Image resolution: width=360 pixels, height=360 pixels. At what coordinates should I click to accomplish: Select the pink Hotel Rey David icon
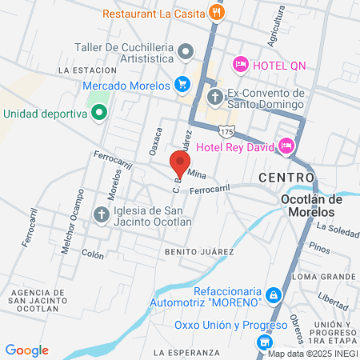[x=286, y=146]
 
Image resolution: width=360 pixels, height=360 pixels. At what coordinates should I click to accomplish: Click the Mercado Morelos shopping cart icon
[x=182, y=84]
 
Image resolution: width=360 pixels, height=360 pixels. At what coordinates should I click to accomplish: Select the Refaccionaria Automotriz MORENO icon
[x=274, y=296]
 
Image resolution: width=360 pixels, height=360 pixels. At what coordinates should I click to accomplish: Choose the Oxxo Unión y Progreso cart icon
[x=263, y=342]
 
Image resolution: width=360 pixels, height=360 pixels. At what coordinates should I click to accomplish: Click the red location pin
[x=180, y=162]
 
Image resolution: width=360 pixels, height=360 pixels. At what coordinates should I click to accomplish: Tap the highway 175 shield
[x=230, y=129]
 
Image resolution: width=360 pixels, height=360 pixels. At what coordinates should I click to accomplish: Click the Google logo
[x=27, y=350]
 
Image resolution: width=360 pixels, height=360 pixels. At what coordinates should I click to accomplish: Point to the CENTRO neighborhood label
[x=286, y=176]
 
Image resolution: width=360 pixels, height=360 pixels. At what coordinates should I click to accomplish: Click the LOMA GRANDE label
[x=324, y=276]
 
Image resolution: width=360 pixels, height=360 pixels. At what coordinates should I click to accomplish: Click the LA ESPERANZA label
[x=186, y=353]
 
